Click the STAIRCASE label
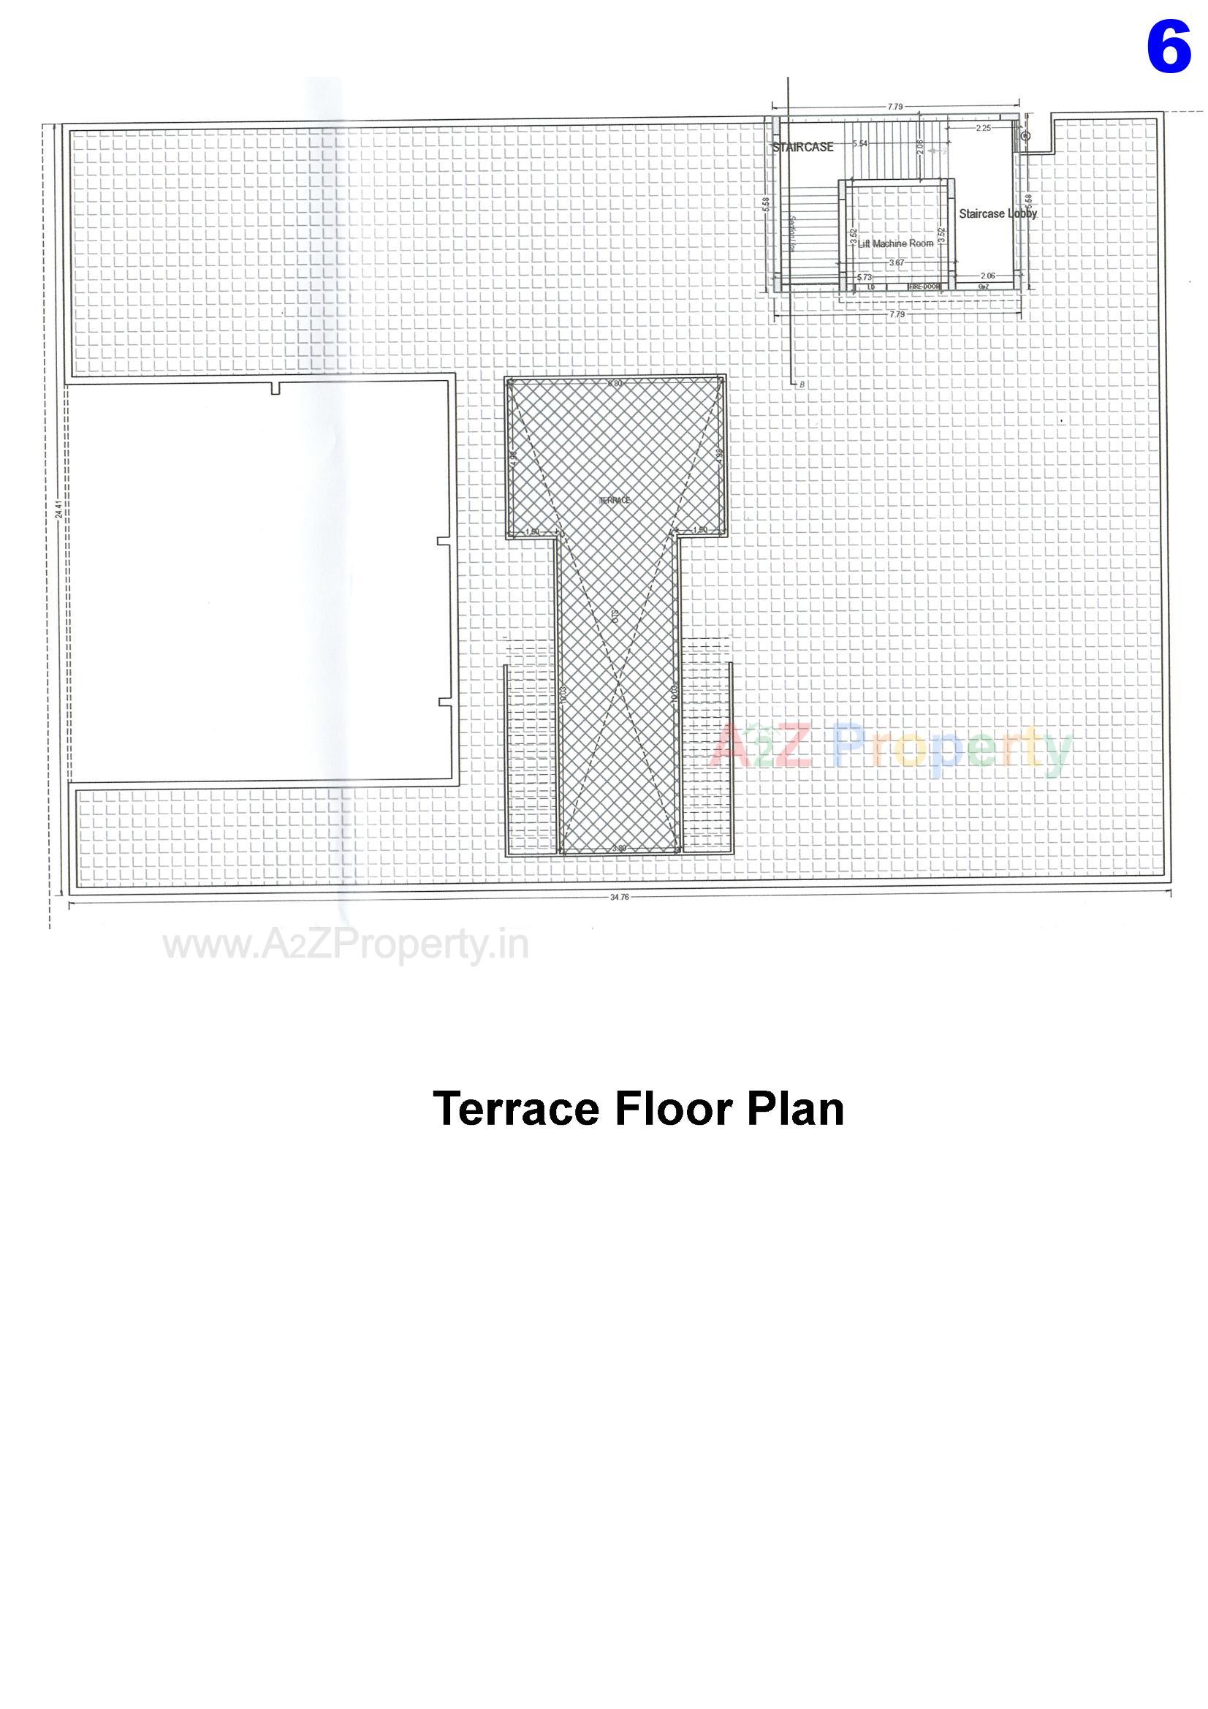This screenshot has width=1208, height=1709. click(x=803, y=148)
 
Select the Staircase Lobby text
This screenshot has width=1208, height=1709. click(x=998, y=213)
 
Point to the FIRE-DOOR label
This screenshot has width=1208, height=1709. click(x=924, y=287)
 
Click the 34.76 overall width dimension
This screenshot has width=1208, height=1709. click(x=619, y=898)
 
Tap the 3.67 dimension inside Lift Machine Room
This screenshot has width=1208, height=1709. click(x=895, y=262)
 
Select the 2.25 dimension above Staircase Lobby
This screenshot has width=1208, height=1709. click(x=982, y=128)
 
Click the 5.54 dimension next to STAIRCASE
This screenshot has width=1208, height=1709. click(x=859, y=143)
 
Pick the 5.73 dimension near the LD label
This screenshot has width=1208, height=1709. click(x=863, y=277)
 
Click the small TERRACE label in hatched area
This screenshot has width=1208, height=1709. click(x=615, y=500)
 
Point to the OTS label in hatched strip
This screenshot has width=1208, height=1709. click(x=615, y=615)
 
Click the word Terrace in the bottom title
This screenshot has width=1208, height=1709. click(x=515, y=1129)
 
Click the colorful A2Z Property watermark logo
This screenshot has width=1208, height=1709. click(x=891, y=748)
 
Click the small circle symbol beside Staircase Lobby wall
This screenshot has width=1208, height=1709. click(x=1025, y=136)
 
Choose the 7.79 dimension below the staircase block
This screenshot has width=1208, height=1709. click(x=896, y=315)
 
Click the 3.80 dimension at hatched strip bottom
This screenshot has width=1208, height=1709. click(x=618, y=848)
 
